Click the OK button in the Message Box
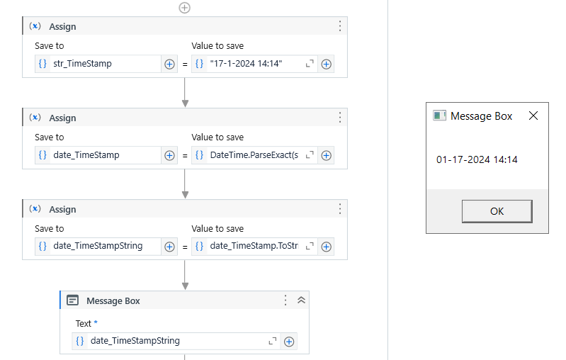(x=497, y=211)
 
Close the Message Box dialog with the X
(x=533, y=116)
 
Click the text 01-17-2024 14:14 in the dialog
(x=477, y=159)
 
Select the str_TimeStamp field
(x=98, y=64)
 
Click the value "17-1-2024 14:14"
(x=246, y=64)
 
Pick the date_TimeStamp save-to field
(x=98, y=155)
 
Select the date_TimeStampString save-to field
(x=98, y=247)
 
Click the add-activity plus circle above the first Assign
(x=184, y=8)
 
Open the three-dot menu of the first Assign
(x=340, y=26)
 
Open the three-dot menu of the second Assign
(x=340, y=118)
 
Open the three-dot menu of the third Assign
(x=340, y=209)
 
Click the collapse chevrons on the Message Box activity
(x=301, y=300)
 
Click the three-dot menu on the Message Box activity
(x=285, y=300)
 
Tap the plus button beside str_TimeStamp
(x=169, y=64)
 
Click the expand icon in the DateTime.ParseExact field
(x=310, y=155)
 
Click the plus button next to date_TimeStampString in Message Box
(x=289, y=342)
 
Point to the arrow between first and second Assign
(x=185, y=92)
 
